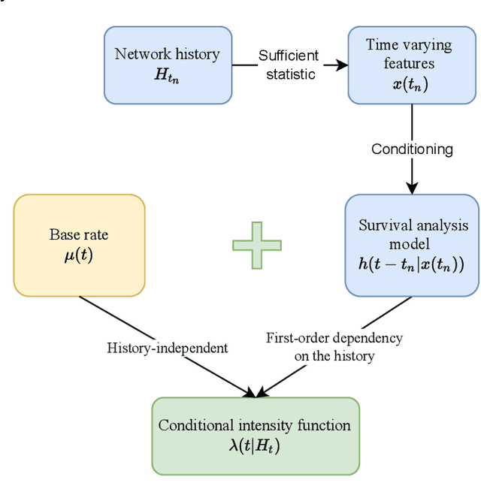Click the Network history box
click(168, 65)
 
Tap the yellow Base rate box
click(79, 245)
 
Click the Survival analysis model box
click(412, 245)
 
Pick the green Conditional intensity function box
click(255, 436)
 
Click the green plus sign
click(257, 245)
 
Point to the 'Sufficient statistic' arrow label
click(289, 65)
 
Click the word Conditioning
click(412, 149)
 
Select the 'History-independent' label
click(168, 347)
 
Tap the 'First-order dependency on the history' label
click(334, 347)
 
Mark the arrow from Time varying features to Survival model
click(412, 173)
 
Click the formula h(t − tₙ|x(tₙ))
click(412, 264)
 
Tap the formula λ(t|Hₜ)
click(255, 445)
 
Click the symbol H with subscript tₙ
click(168, 75)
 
